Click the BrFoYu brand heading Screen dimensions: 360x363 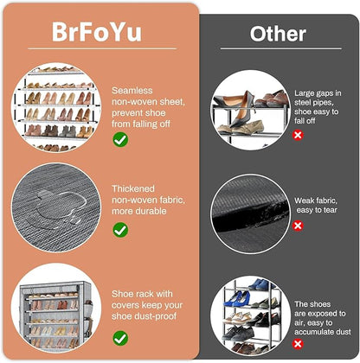point(97,32)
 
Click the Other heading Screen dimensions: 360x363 point(278,34)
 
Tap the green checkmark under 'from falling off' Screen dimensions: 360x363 point(120,139)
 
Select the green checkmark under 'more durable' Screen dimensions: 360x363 point(120,230)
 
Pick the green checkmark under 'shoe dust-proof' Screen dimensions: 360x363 point(120,338)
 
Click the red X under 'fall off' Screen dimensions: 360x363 point(298,135)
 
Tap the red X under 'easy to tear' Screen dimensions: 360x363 point(298,226)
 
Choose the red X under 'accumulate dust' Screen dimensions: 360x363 point(298,344)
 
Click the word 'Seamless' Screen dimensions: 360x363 point(132,91)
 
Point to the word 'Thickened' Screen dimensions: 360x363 point(133,188)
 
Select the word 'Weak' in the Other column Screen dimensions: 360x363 point(303,201)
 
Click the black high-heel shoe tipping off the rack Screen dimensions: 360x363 point(241,110)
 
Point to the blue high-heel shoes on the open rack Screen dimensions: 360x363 point(237,298)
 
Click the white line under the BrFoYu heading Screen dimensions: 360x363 point(102,48)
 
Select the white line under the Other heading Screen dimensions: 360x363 point(281,48)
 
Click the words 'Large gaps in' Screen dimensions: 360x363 point(318,93)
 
